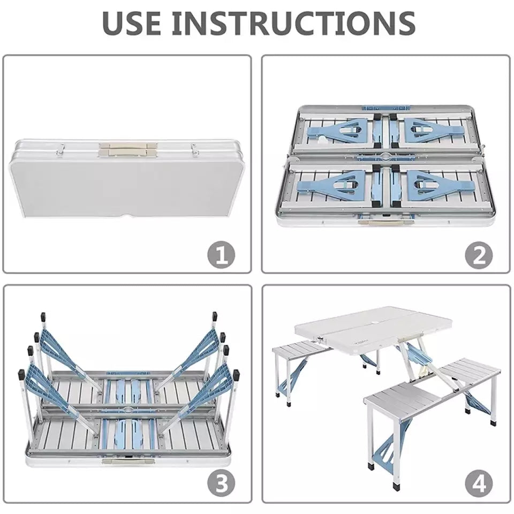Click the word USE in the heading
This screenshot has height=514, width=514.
pos(132,23)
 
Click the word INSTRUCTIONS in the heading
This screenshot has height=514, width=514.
pos(294,23)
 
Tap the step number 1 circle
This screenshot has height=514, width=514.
pos(221,254)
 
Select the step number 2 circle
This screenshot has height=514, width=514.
pos(479,254)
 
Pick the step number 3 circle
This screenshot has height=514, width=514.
pos(221,483)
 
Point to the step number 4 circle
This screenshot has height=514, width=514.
pos(479,483)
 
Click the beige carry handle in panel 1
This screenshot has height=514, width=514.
pos(128,148)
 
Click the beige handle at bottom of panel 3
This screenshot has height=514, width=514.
pos(128,462)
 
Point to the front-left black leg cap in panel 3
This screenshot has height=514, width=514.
pos(21,374)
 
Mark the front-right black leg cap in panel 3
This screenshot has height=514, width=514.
pos(236,374)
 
